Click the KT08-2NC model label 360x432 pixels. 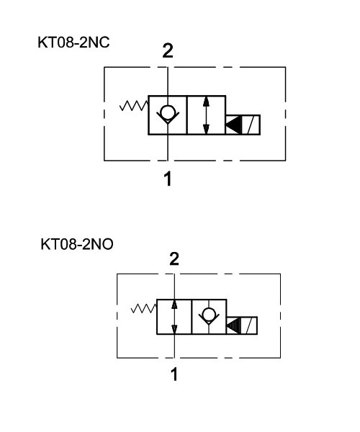pos(73,42)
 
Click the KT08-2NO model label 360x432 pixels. pos(77,244)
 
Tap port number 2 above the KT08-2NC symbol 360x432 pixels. pos(168,50)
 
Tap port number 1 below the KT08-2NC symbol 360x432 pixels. pos(168,179)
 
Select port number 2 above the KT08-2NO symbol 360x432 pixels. pos(174,259)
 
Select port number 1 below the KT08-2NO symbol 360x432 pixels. pos(174,374)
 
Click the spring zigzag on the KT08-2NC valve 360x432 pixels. pos(134,106)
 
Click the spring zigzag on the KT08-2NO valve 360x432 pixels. pos(143,309)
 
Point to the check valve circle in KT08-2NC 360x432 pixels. pos(168,112)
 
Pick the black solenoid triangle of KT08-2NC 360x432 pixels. pos(233,125)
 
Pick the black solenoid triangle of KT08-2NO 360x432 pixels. pos(234,325)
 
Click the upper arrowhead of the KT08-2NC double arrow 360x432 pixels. pos(206,101)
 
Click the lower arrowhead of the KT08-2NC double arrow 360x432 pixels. pos(206,130)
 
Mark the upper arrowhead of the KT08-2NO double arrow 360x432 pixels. pos(174,304)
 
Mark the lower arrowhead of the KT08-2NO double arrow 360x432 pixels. pos(174,330)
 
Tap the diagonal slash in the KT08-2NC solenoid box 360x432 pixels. pos(251,125)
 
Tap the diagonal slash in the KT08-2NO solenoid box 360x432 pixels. pos(249,325)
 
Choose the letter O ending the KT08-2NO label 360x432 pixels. pos(107,244)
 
